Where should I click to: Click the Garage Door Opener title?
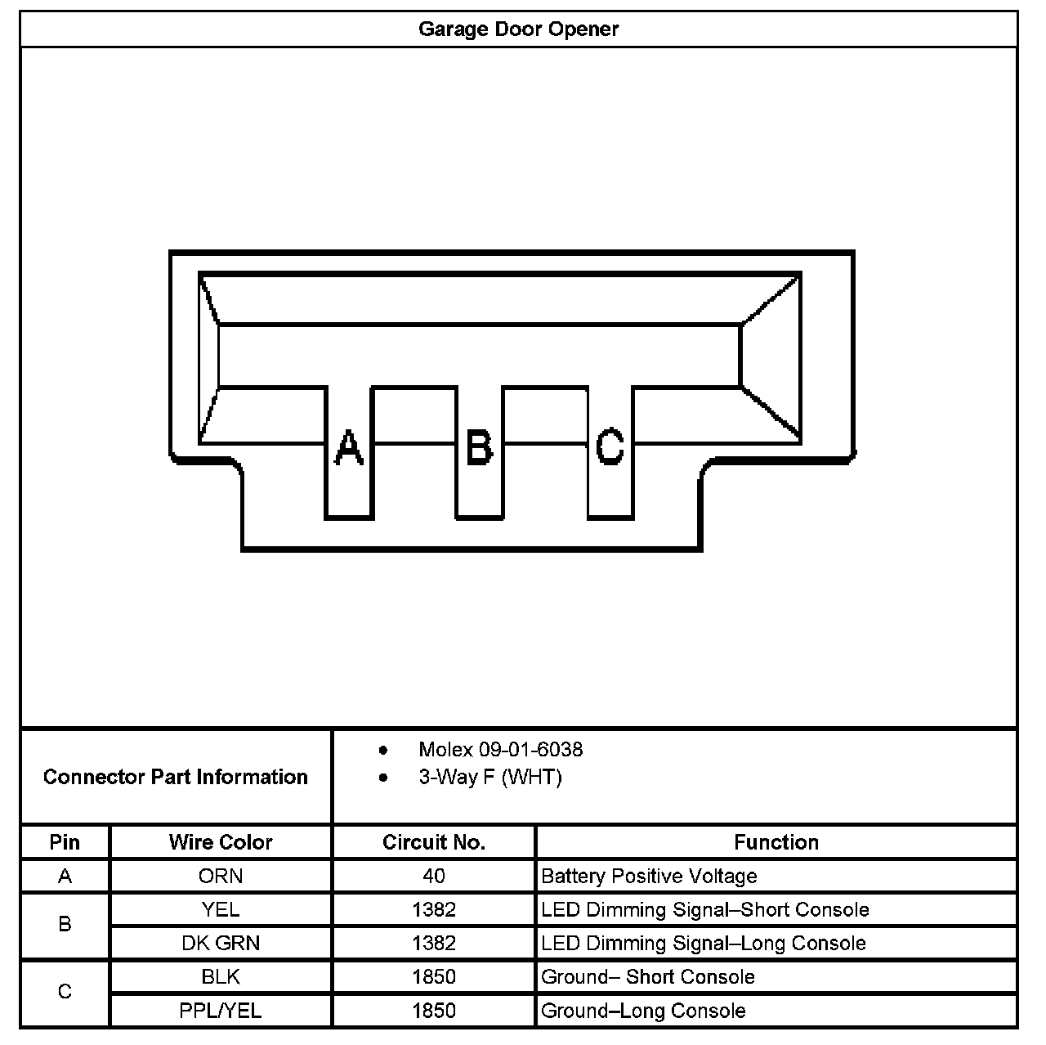pyautogui.click(x=518, y=29)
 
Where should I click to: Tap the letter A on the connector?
pyautogui.click(x=349, y=447)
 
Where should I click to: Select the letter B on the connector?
pyautogui.click(x=479, y=447)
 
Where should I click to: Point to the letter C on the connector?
pyautogui.click(x=610, y=447)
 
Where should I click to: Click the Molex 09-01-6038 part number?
pyautogui.click(x=500, y=750)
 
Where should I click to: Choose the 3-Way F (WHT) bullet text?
pyautogui.click(x=490, y=777)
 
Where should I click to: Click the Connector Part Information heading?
pyautogui.click(x=176, y=777)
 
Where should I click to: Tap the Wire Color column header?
pyautogui.click(x=221, y=842)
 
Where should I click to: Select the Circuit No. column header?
pyautogui.click(x=434, y=842)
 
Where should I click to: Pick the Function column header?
pyautogui.click(x=776, y=842)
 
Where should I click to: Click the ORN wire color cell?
pyautogui.click(x=221, y=876)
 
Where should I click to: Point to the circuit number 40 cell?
pyautogui.click(x=434, y=876)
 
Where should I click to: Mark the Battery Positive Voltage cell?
pyautogui.click(x=649, y=876)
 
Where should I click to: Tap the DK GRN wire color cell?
pyautogui.click(x=221, y=943)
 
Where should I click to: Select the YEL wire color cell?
pyautogui.click(x=221, y=909)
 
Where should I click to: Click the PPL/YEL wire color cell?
pyautogui.click(x=221, y=1011)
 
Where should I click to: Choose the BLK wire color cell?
pyautogui.click(x=221, y=976)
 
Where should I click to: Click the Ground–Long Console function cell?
pyautogui.click(x=643, y=1011)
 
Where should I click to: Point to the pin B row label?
pyautogui.click(x=65, y=925)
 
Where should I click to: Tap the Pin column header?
pyautogui.click(x=65, y=842)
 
